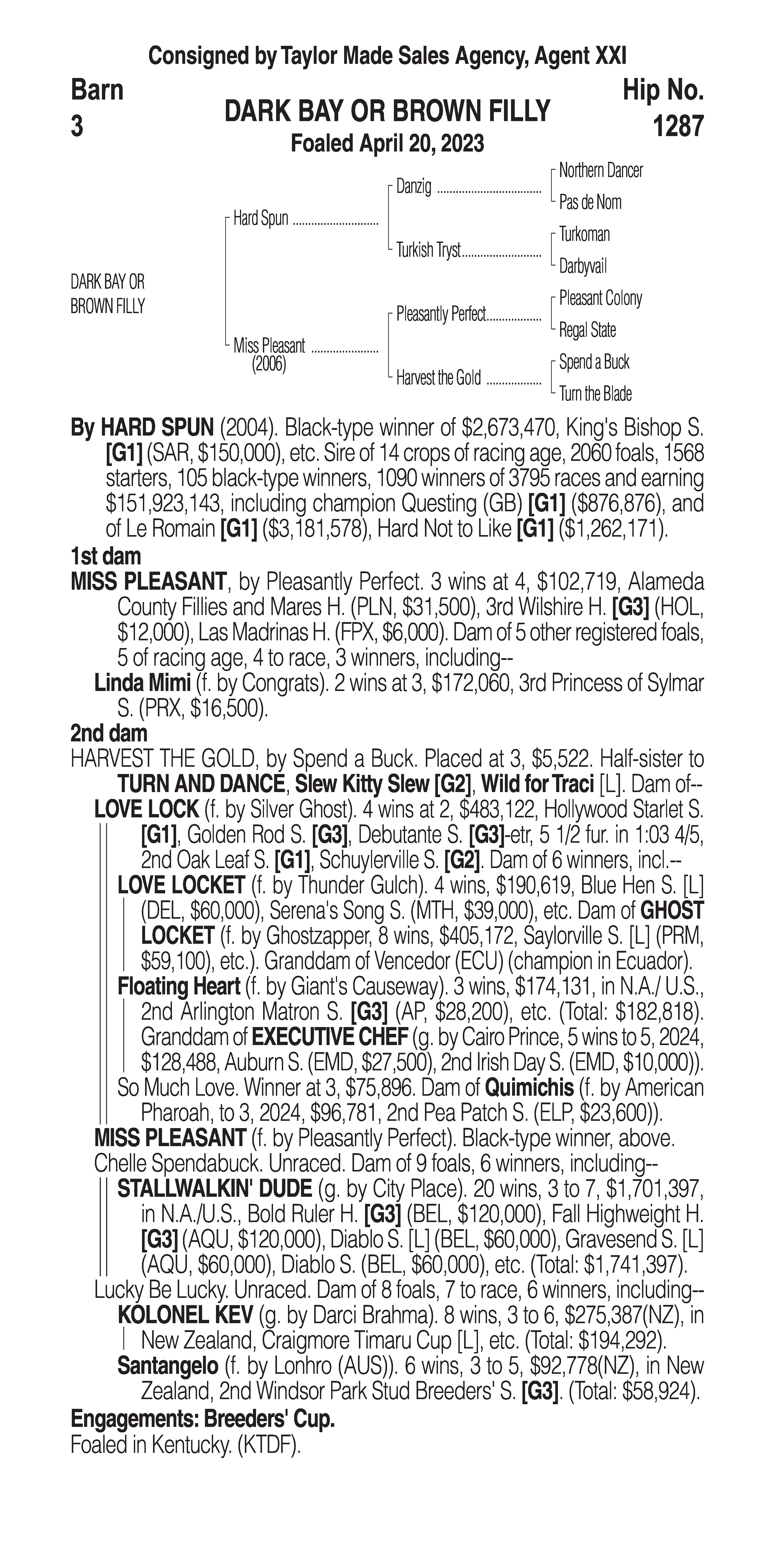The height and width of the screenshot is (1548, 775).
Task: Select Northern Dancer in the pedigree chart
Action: point(600,171)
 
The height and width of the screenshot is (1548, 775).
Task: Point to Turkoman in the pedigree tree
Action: point(584,234)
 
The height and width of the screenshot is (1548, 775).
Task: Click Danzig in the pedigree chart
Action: point(413,187)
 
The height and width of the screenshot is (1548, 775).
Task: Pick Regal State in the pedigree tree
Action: point(587,330)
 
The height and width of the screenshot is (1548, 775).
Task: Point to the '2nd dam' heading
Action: point(109,733)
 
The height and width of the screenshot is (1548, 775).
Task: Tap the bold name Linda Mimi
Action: point(142,683)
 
